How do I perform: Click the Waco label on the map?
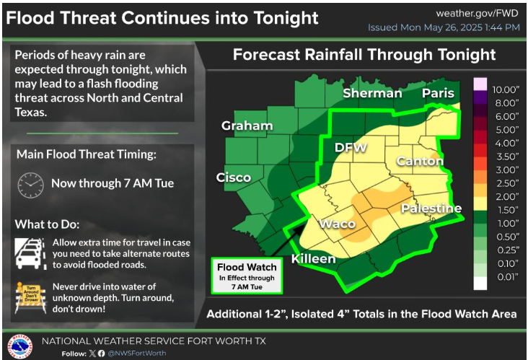338,224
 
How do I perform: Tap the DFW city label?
351,148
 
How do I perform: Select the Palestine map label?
431,208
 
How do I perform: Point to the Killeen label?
314,259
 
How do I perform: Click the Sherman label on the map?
372,93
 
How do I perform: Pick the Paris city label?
439,93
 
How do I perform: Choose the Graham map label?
247,126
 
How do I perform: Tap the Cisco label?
234,177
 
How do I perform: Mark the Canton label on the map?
420,161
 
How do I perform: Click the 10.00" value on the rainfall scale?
506,89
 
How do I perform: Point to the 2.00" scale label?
506,196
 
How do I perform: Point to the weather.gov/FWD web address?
478,14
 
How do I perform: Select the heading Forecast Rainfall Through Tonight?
364,56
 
